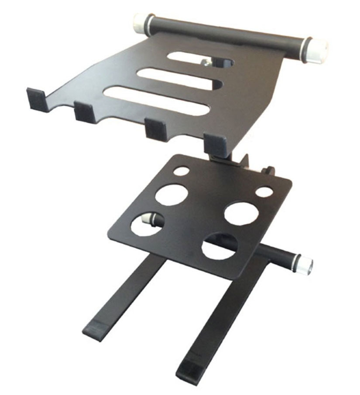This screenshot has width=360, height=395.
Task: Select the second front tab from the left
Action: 84,112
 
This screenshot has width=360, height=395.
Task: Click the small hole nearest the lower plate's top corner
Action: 181,171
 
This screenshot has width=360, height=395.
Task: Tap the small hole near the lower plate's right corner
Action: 264,192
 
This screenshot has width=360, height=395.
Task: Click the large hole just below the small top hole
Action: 171,194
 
